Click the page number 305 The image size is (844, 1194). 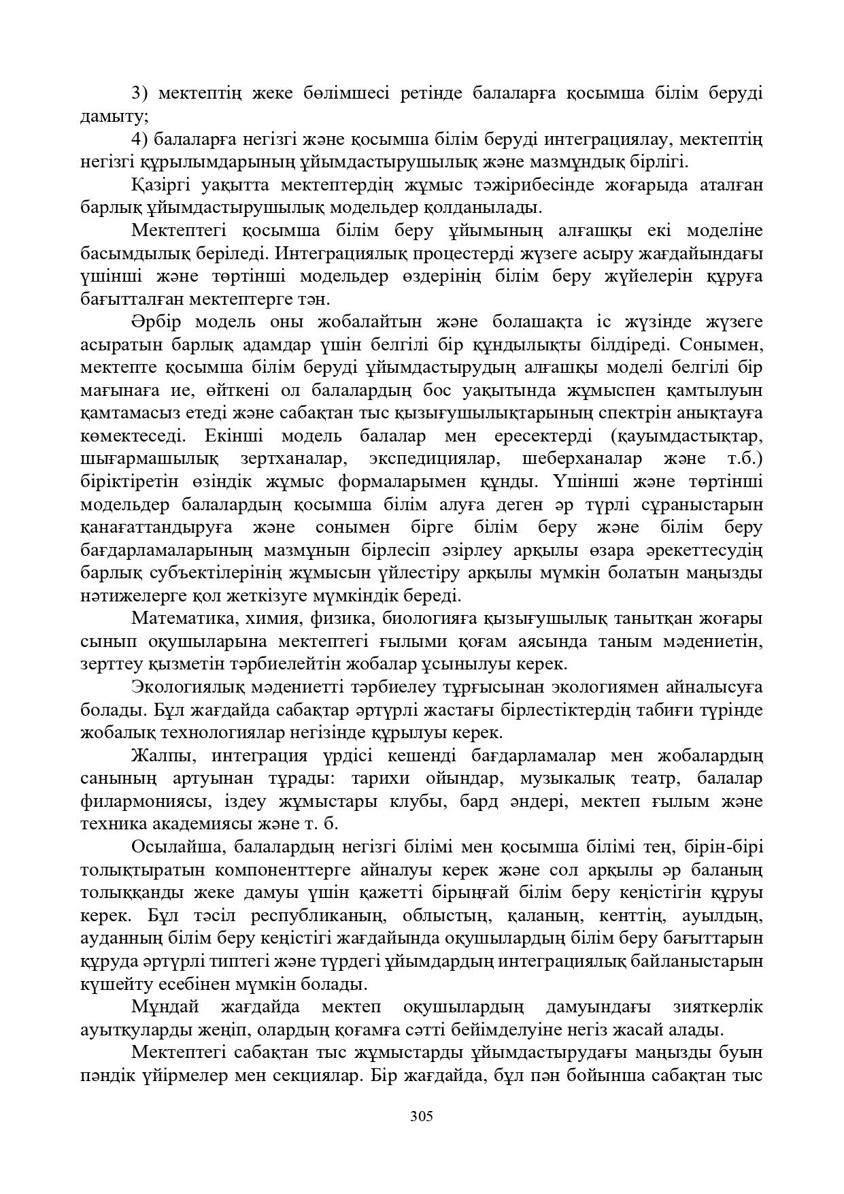click(x=422, y=1116)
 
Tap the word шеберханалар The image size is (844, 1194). click(x=590, y=459)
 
